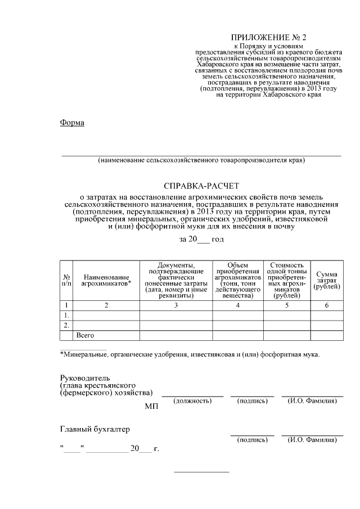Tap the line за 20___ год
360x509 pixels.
pyautogui.click(x=201, y=239)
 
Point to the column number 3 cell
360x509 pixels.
pyautogui.click(x=175, y=305)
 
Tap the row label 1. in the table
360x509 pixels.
pyautogui.click(x=66, y=315)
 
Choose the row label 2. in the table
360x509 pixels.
pyautogui.click(x=66, y=325)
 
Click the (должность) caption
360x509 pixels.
pyautogui.click(x=192, y=401)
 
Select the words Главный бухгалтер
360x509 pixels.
pyautogui.click(x=95, y=430)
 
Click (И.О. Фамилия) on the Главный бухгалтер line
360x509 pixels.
pyautogui.click(x=312, y=440)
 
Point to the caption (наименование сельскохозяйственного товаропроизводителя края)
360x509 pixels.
pyautogui.click(x=201, y=160)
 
